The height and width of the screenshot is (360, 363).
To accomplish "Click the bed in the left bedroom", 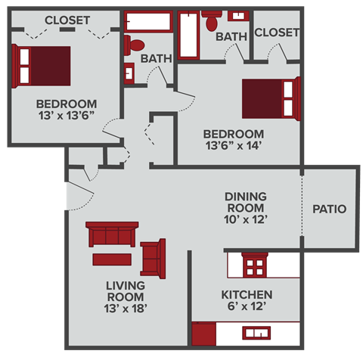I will (42, 66).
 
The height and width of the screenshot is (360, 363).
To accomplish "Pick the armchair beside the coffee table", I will (154, 258).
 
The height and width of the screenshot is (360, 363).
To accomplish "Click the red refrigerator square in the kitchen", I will (203, 334).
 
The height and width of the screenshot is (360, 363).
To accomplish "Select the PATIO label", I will (329, 209).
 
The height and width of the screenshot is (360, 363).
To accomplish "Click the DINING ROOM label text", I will (245, 202).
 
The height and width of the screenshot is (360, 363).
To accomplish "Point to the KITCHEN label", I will (247, 294).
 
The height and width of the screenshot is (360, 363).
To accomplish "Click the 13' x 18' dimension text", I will (125, 308).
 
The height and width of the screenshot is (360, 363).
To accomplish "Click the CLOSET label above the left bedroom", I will (67, 20).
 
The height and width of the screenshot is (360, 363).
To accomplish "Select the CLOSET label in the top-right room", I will (277, 33).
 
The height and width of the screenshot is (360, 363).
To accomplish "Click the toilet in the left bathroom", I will (136, 44).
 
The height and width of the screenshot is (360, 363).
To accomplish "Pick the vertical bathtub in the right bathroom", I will (188, 36).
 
